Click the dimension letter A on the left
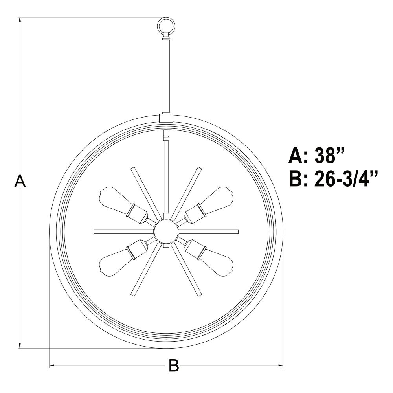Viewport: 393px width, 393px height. (20, 181)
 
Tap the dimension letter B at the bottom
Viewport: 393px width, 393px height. (174, 365)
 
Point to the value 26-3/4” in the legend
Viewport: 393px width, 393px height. (346, 179)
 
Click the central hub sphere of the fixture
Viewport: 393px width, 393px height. (166, 231)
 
